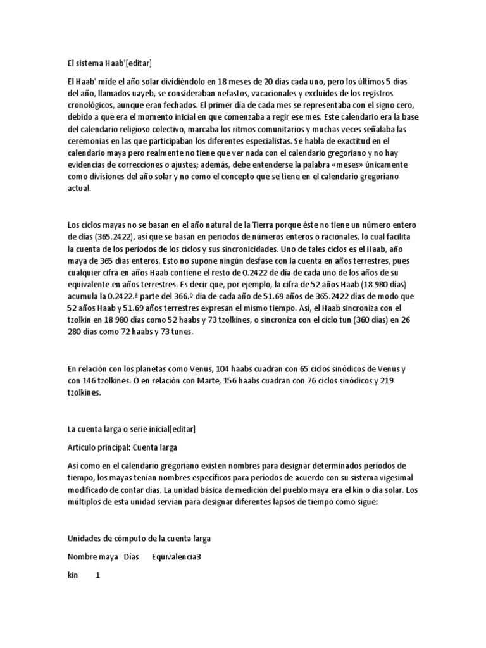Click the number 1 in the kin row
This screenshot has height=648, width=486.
coord(97,576)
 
